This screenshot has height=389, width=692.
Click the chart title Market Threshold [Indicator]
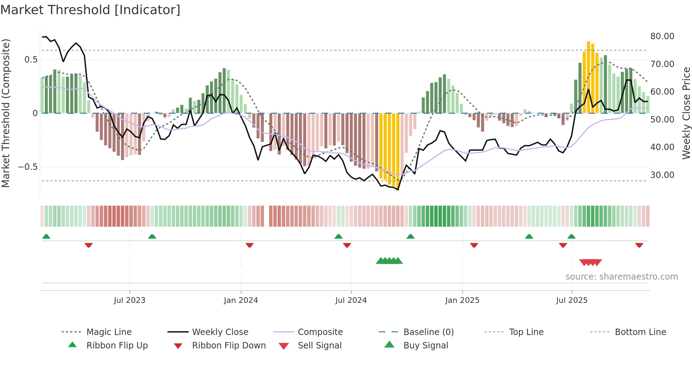tap(90, 10)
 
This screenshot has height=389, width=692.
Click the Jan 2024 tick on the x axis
tap(241, 300)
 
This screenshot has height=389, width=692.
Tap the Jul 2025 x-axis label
tap(572, 300)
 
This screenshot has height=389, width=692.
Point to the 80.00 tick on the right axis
tap(662, 36)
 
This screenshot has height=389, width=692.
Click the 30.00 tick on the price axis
tap(662, 175)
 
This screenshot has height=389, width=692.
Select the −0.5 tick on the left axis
tap(28, 167)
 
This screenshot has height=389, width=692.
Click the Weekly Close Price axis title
tap(686, 113)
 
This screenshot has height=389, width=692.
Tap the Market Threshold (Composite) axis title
tap(6, 113)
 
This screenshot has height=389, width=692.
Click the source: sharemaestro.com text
tap(621, 276)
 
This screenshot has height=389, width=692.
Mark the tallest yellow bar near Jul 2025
tap(588, 77)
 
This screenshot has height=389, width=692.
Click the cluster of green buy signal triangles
tap(389, 261)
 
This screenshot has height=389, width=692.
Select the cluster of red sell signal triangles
tap(590, 262)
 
